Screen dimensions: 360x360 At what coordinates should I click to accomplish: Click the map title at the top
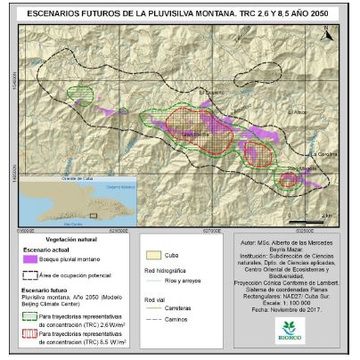[179, 14]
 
